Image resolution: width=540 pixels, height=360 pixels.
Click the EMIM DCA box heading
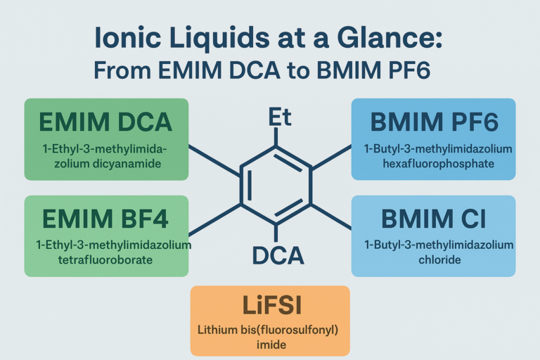click(x=105, y=122)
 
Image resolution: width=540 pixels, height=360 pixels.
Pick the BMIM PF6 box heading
click(x=434, y=122)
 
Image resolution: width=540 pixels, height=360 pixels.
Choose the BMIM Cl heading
click(x=433, y=219)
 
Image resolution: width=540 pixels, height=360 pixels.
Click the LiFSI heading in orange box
click(x=270, y=307)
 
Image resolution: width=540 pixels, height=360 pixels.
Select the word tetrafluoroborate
click(x=105, y=259)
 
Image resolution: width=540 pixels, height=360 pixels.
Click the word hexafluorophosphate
click(x=434, y=163)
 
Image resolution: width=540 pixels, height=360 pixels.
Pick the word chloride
click(x=433, y=259)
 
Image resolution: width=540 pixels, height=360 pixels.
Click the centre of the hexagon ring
click(x=276, y=185)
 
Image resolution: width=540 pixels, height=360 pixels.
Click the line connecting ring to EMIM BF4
click(x=215, y=219)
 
